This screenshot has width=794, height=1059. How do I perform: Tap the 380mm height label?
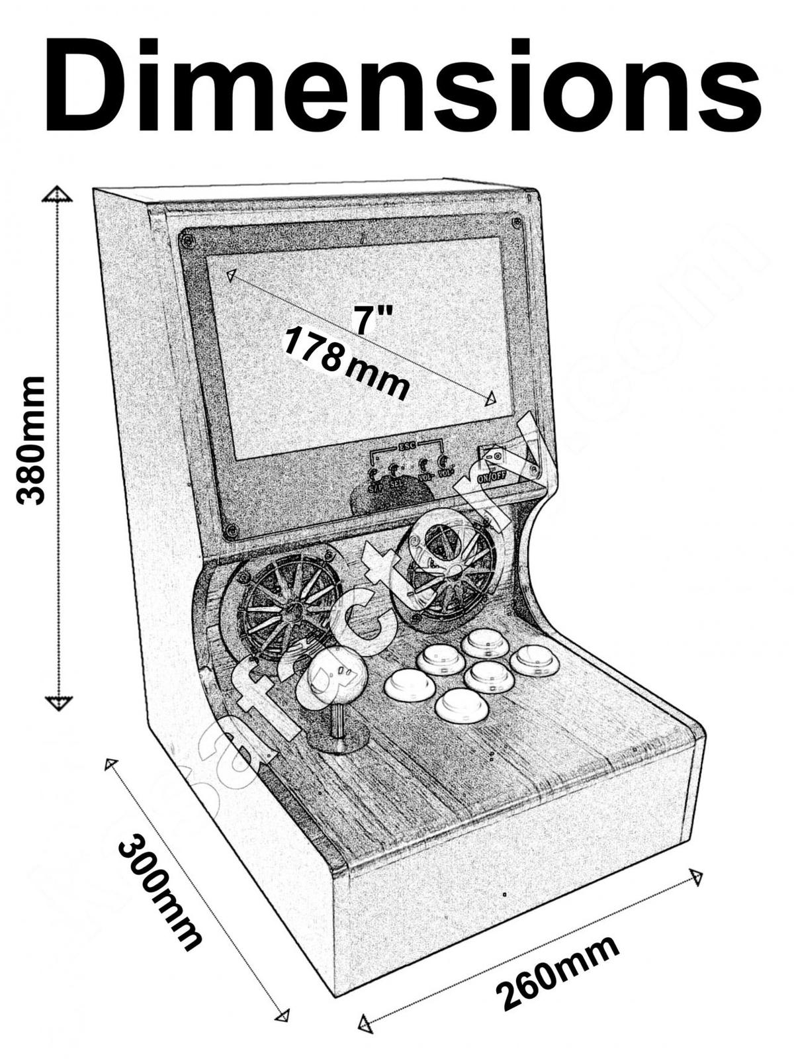pyautogui.click(x=31, y=440)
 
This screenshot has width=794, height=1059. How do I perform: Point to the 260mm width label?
pyautogui.click(x=558, y=972)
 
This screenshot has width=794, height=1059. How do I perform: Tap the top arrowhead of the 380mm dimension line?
pyautogui.click(x=58, y=194)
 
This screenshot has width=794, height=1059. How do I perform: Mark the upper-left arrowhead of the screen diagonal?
pyautogui.click(x=230, y=275)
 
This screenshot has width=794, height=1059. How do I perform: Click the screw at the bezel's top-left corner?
pyautogui.click(x=188, y=238)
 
